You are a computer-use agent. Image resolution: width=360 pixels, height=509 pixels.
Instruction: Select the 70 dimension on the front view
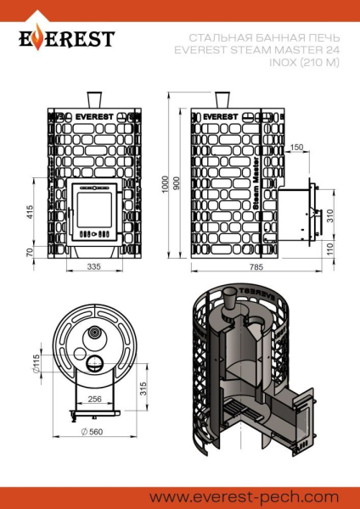coord(31,252)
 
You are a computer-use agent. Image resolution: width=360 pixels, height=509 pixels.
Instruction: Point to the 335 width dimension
coord(94,267)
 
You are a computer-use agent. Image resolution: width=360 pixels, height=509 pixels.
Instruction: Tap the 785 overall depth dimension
coord(255,267)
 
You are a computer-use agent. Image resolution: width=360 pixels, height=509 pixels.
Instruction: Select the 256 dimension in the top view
coord(95,399)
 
